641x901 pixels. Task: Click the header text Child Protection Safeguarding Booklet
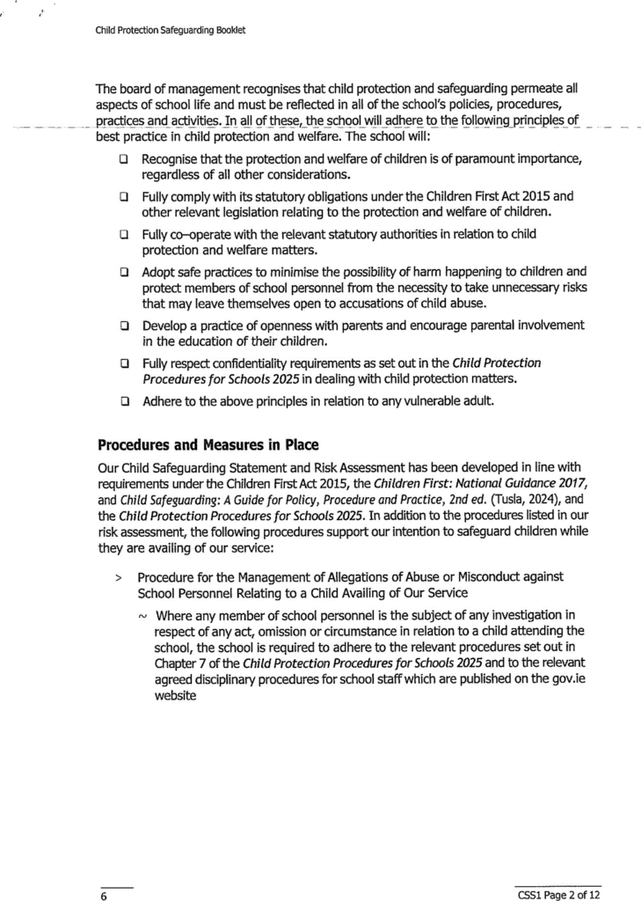[170, 30]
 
